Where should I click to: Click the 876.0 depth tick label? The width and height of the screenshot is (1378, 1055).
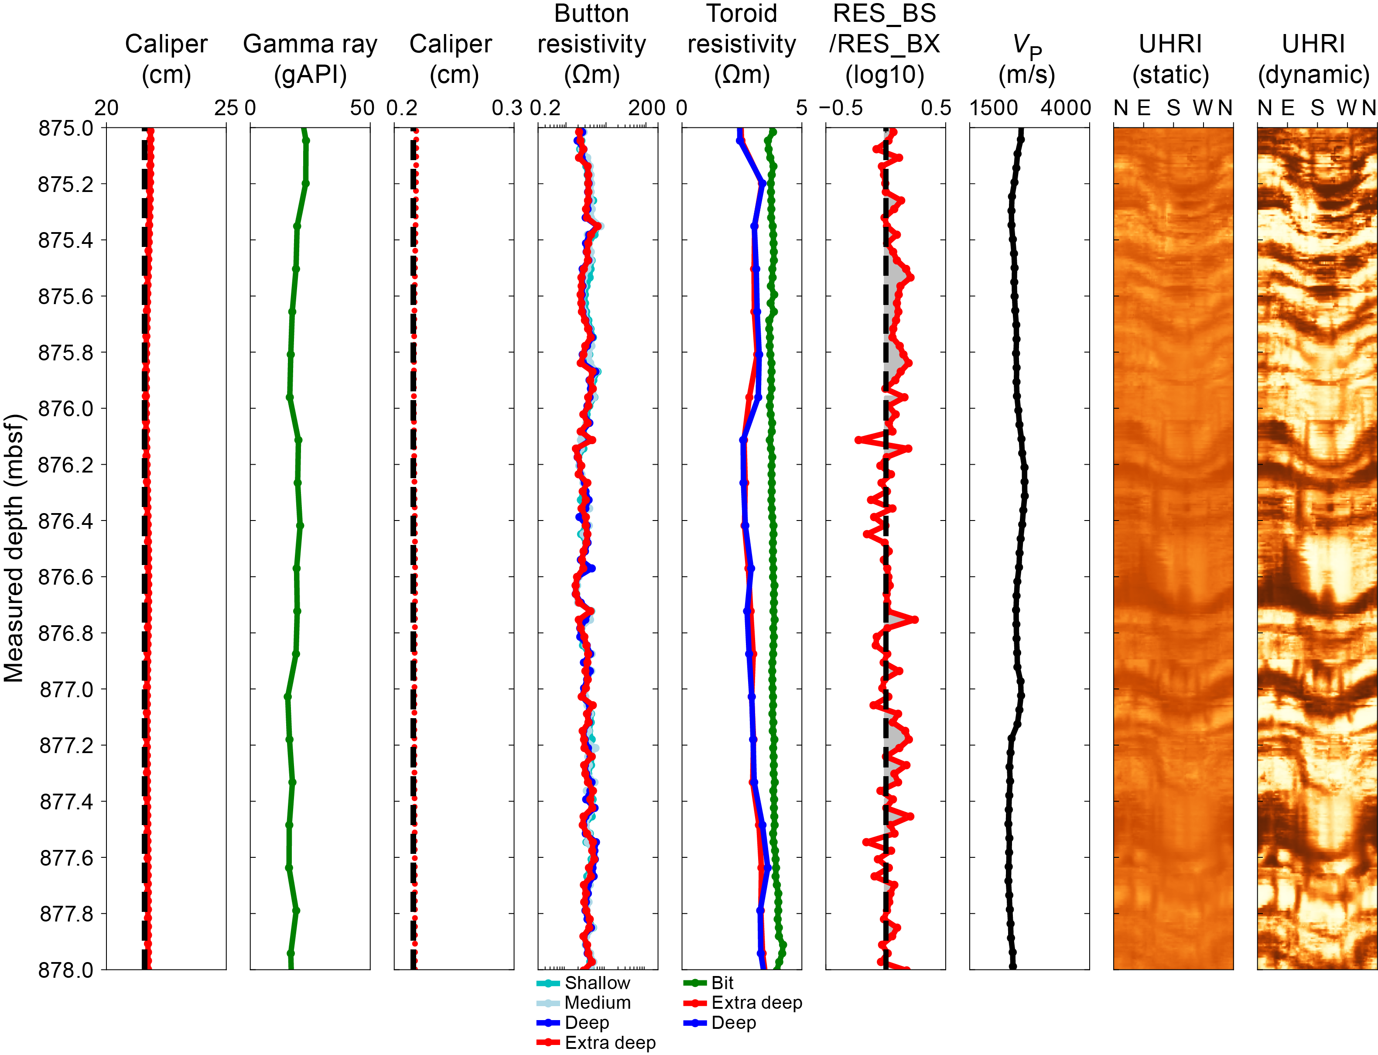[65, 409]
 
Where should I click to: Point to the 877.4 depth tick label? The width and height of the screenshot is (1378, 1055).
[65, 802]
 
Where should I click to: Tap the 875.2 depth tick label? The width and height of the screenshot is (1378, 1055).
[65, 185]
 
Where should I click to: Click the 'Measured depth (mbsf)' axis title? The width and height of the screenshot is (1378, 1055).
[14, 548]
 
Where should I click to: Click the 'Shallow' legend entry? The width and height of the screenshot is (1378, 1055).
[596, 983]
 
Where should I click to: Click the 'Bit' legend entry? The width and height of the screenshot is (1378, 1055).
[722, 983]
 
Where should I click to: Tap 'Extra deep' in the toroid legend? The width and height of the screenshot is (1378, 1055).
[756, 1003]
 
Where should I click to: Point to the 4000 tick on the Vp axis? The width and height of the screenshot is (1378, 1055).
[1065, 108]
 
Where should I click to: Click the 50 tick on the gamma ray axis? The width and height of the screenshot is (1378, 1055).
[362, 108]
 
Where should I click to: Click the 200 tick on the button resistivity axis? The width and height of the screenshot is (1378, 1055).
[646, 108]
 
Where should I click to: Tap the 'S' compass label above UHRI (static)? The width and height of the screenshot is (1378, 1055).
[1173, 108]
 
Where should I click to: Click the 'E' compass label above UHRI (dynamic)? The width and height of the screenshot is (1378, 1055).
[1288, 108]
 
